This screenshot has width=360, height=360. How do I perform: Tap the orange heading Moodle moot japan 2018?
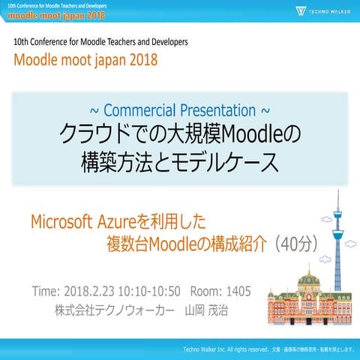(x=85, y=60)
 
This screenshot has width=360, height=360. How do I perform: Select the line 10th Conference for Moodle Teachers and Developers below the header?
(x=100, y=42)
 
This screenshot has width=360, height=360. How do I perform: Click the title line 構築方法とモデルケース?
(x=180, y=161)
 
